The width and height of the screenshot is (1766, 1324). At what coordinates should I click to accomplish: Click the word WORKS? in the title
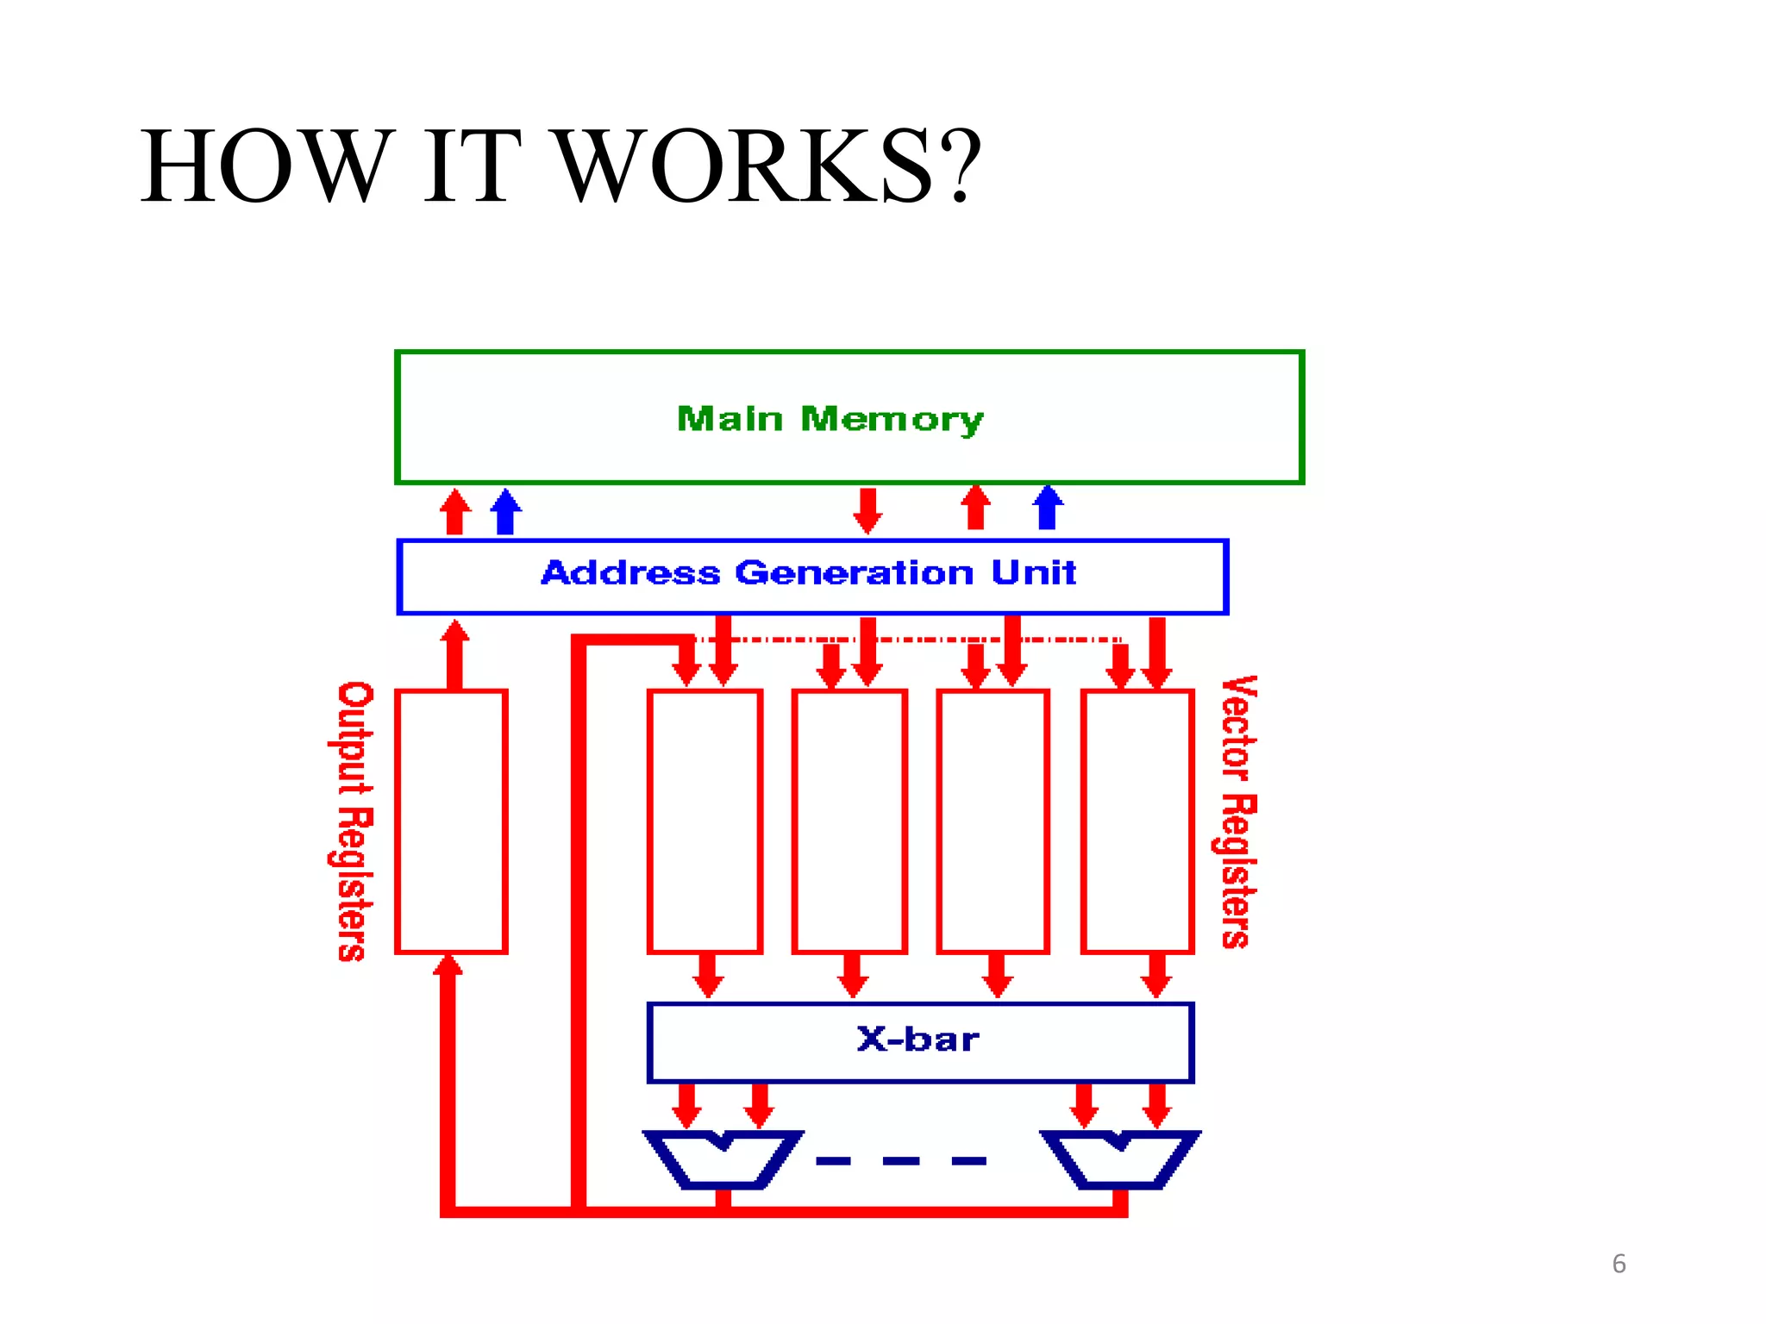(x=767, y=165)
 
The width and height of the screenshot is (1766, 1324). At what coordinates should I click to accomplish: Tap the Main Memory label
(x=830, y=419)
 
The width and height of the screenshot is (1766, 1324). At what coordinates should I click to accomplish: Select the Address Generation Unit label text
(x=809, y=573)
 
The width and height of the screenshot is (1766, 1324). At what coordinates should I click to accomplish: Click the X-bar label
(x=918, y=1040)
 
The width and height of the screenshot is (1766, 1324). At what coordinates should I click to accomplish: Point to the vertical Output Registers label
(x=354, y=821)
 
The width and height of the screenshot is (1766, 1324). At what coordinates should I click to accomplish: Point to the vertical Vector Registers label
(x=1239, y=812)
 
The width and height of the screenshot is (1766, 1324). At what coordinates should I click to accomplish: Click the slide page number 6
(x=1619, y=1264)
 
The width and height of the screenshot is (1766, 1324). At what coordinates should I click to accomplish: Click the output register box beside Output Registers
(x=451, y=821)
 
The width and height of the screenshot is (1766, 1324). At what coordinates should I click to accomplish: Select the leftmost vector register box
(x=705, y=821)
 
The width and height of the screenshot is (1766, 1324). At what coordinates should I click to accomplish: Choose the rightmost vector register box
(x=1137, y=821)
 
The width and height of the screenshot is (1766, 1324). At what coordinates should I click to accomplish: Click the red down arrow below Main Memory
(x=867, y=511)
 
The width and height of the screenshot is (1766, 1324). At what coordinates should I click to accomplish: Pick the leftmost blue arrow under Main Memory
(x=506, y=511)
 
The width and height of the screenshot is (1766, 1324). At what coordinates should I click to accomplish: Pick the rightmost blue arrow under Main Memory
(x=1048, y=508)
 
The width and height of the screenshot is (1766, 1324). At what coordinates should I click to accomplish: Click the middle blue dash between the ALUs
(x=901, y=1161)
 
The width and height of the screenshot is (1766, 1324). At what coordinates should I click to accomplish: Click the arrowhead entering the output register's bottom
(x=448, y=965)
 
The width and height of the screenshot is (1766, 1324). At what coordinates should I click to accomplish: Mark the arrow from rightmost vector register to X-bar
(x=1155, y=977)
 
